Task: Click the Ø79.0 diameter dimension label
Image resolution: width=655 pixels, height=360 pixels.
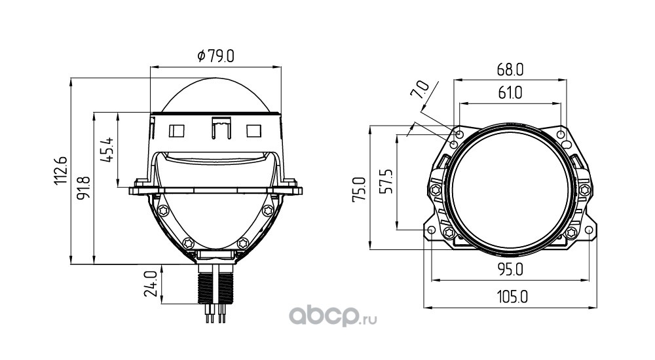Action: [215, 56]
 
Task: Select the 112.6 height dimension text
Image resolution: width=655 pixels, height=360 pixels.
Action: [60, 171]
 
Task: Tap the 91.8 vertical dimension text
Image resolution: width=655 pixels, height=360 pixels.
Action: [84, 187]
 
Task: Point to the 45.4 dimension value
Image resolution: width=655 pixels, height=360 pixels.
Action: [107, 150]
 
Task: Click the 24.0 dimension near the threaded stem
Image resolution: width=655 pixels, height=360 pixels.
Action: [150, 283]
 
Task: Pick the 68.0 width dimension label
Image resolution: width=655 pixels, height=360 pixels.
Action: [510, 70]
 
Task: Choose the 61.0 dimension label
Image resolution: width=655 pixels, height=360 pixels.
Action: [510, 93]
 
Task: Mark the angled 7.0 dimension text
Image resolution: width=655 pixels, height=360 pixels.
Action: [420, 90]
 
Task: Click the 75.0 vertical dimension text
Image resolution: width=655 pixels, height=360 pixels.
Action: [359, 190]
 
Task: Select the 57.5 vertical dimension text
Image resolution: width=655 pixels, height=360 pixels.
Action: [387, 181]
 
